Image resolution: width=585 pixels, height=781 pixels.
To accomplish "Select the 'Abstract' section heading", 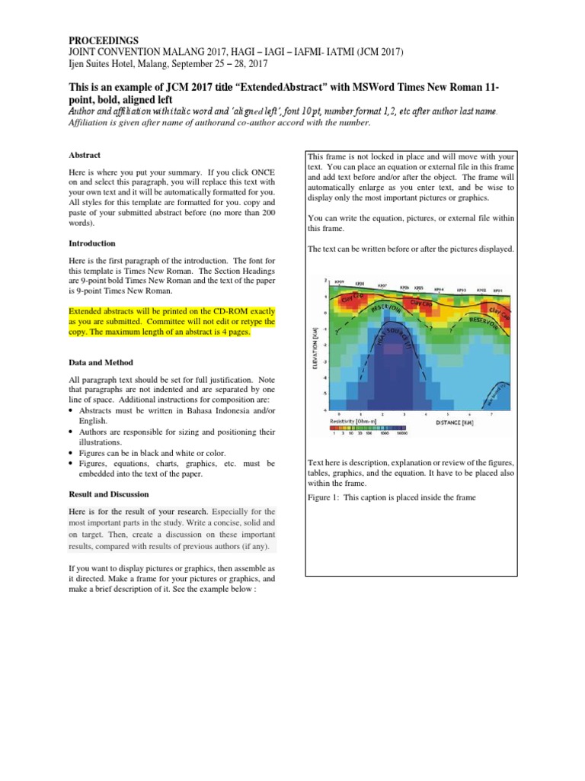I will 85,155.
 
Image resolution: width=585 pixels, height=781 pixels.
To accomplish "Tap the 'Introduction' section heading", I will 91,243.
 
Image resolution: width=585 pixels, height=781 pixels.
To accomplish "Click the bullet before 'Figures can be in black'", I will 71,452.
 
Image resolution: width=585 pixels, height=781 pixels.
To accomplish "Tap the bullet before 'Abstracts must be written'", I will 71,410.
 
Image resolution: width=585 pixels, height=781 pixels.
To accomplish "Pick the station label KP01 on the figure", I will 497,290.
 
